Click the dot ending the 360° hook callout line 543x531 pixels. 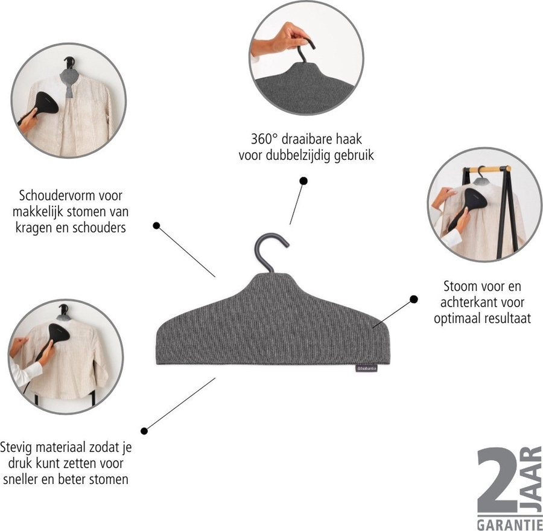pos(303,180)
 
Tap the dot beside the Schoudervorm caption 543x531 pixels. pos(156,226)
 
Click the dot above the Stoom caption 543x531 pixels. pos(414,299)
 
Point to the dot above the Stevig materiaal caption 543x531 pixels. pos(144,430)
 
